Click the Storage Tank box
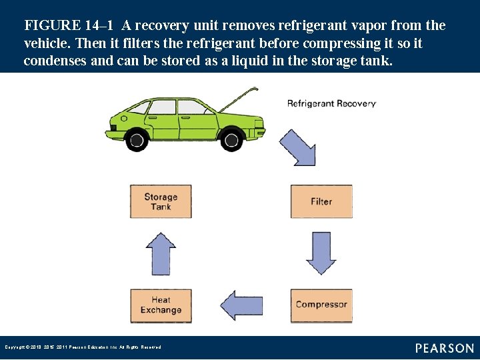tap(161, 201)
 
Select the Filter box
tap(321, 201)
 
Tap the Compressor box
tap(321, 305)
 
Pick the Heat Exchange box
tap(161, 305)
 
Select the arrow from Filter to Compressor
tap(321, 253)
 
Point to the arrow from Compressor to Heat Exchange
tap(241, 305)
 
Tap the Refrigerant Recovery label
tap(331, 103)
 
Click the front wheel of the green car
tap(231, 139)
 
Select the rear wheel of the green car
tap(137, 139)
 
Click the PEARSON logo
tap(445, 348)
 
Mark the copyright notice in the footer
tap(83, 347)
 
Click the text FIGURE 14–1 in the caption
tap(69, 26)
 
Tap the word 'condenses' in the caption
tap(55, 61)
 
